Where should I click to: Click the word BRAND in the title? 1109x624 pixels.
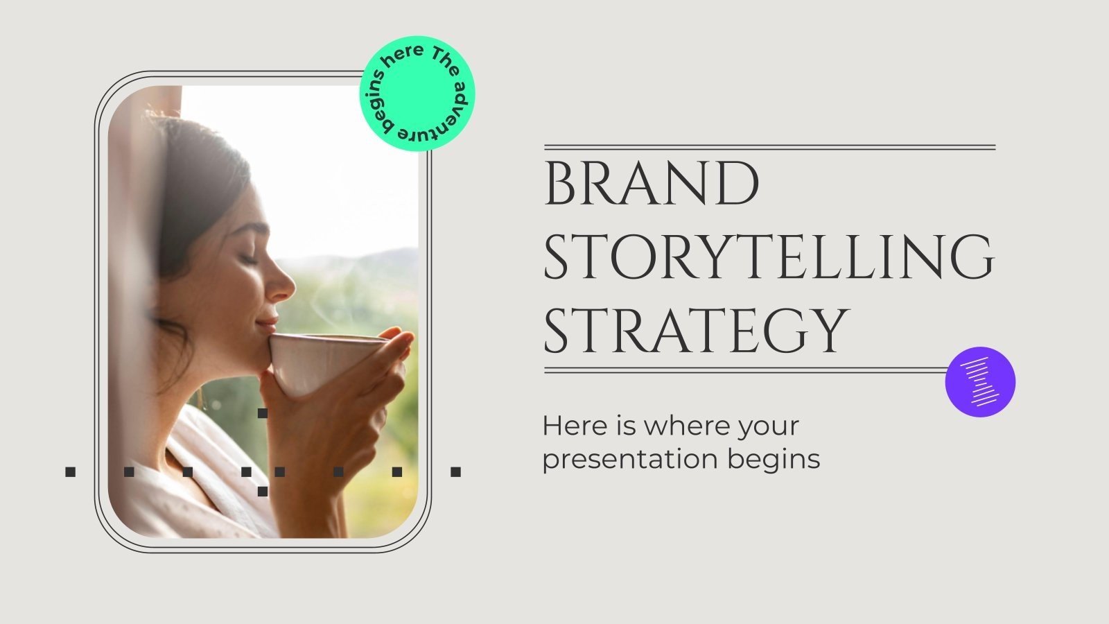click(652, 184)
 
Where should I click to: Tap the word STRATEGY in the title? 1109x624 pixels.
click(695, 331)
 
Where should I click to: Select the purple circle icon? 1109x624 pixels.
click(980, 381)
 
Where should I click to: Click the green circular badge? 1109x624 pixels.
click(417, 94)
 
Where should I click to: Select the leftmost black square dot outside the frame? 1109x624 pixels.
click(70, 472)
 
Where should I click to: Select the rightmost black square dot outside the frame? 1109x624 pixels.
click(455, 472)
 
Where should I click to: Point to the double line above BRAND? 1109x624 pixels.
click(769, 148)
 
